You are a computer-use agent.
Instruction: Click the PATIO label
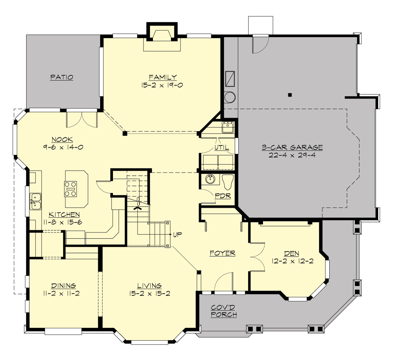coord(62,77)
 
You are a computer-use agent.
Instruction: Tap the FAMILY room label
coord(163,77)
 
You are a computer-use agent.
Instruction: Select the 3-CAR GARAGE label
coord(292,147)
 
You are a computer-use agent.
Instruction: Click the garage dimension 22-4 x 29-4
coord(292,155)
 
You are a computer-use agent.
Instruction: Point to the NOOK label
coord(62,140)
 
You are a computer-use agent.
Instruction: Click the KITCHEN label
coord(64,214)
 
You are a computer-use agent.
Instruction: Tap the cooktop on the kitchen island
coord(70,189)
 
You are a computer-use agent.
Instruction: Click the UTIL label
coord(222,147)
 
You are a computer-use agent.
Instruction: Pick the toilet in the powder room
coord(227,181)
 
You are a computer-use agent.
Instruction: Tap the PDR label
coord(223,196)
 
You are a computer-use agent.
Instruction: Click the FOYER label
coord(222,253)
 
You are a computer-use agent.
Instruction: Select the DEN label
coord(292,254)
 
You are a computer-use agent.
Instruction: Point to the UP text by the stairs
coord(177,235)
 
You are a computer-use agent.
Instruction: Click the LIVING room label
coord(149,286)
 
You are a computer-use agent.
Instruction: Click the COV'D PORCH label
coord(224,311)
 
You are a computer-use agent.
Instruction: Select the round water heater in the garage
coord(230,97)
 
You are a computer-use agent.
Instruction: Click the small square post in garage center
coord(290,95)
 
